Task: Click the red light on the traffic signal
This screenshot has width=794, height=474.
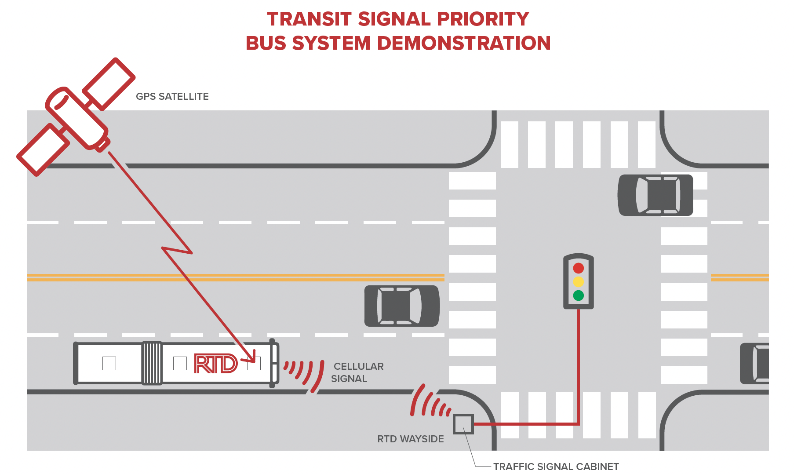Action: click(x=578, y=268)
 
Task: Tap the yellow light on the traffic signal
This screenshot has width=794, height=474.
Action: click(x=578, y=281)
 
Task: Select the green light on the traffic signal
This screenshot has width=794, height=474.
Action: click(x=578, y=295)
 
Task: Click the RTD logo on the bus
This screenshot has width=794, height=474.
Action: click(x=216, y=364)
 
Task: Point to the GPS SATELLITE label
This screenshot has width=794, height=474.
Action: click(x=172, y=97)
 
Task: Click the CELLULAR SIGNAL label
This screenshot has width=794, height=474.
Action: click(x=357, y=372)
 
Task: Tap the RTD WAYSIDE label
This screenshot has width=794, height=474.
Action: click(x=411, y=439)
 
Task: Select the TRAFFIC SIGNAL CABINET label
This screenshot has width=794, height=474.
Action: click(x=556, y=467)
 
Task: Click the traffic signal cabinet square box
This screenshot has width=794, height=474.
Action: click(x=463, y=424)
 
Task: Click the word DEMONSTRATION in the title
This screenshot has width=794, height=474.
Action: click(x=464, y=43)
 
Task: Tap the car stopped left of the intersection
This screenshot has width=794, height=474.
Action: click(x=402, y=306)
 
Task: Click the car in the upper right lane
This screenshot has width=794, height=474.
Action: click(x=655, y=195)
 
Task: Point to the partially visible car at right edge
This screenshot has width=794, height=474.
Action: click(x=754, y=364)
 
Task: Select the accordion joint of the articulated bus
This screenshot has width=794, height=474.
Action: click(x=152, y=363)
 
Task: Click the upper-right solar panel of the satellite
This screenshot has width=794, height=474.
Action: click(x=109, y=84)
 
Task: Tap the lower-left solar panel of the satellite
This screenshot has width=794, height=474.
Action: click(x=43, y=149)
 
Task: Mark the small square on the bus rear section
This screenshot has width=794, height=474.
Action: click(x=109, y=363)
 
